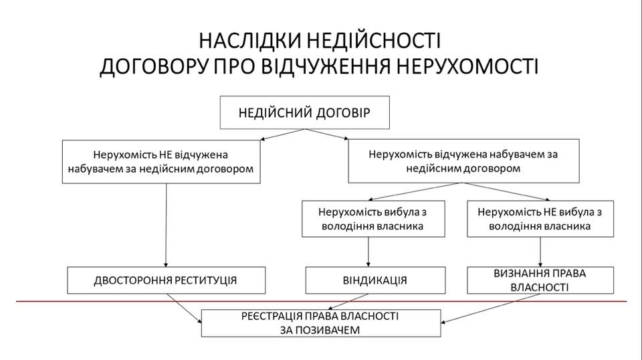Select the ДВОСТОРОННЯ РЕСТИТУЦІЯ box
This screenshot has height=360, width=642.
pos(166,280)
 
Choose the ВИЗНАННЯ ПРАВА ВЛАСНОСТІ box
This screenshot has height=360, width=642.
pos(540,280)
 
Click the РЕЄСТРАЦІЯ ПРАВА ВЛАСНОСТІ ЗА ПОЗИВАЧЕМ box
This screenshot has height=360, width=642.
pos(321,323)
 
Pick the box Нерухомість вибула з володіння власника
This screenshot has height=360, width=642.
pos(372,218)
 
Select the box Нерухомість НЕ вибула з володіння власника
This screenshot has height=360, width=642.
pos(540,218)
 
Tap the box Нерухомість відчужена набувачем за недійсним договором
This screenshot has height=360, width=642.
pos(463,161)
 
